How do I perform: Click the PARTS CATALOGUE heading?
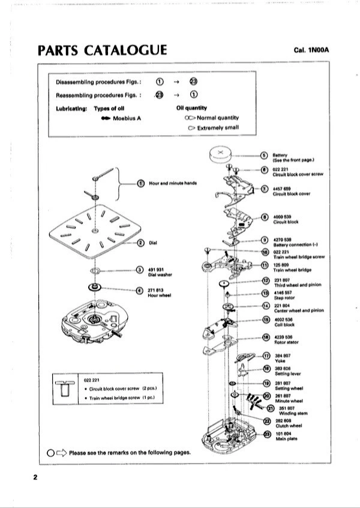(x=102, y=50)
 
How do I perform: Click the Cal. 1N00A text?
(x=312, y=50)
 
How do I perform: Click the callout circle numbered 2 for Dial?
(x=140, y=243)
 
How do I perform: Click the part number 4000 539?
(x=282, y=216)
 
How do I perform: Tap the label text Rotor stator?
(x=286, y=343)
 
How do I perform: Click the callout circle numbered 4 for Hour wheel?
(x=140, y=291)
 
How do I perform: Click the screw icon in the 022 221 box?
(x=63, y=390)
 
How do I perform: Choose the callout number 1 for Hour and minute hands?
(x=140, y=183)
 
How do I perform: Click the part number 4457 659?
(x=282, y=189)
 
